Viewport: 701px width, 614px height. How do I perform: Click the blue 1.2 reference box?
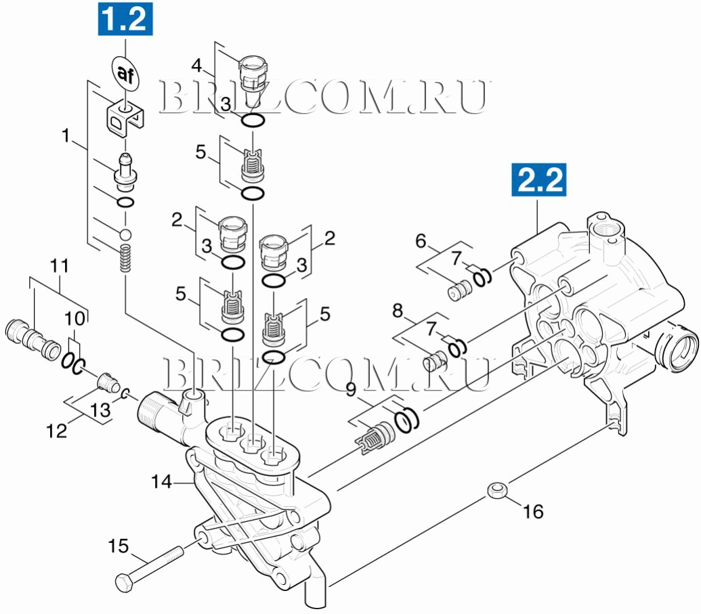pyautogui.click(x=125, y=19)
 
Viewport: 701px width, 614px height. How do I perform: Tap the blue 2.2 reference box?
pyautogui.click(x=539, y=179)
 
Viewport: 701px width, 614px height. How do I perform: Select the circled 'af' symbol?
pyautogui.click(x=125, y=72)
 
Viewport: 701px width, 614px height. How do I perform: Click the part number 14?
pyautogui.click(x=161, y=481)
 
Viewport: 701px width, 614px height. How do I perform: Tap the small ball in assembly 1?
pyautogui.click(x=125, y=234)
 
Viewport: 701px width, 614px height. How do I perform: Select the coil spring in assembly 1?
pyautogui.click(x=125, y=259)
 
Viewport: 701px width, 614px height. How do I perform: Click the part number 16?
pyautogui.click(x=533, y=511)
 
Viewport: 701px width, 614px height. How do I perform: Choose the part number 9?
pyautogui.click(x=352, y=390)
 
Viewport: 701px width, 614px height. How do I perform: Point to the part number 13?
pyautogui.click(x=100, y=410)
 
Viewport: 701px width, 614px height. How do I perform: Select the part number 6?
pyautogui.click(x=421, y=241)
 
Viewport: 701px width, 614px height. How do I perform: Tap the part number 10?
pyautogui.click(x=75, y=319)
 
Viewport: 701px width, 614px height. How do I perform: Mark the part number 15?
pyautogui.click(x=119, y=546)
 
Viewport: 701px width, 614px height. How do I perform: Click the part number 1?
pyautogui.click(x=66, y=136)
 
